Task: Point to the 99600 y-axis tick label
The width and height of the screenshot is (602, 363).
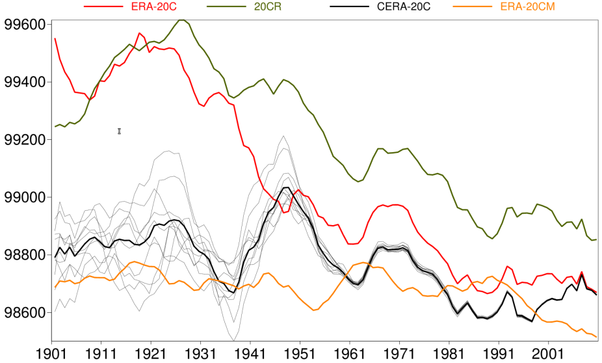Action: (x=25, y=25)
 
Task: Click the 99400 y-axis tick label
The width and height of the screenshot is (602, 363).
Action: (x=25, y=82)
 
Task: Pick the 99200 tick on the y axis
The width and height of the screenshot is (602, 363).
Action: (x=25, y=140)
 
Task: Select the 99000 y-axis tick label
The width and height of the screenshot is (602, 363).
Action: (x=25, y=197)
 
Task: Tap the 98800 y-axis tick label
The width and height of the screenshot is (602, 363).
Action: (x=25, y=255)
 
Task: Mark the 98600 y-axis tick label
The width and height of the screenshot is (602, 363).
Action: (x=25, y=312)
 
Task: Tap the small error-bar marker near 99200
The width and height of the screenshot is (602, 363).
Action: (x=120, y=131)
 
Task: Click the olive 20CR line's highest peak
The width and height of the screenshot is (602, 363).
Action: (x=182, y=20)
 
